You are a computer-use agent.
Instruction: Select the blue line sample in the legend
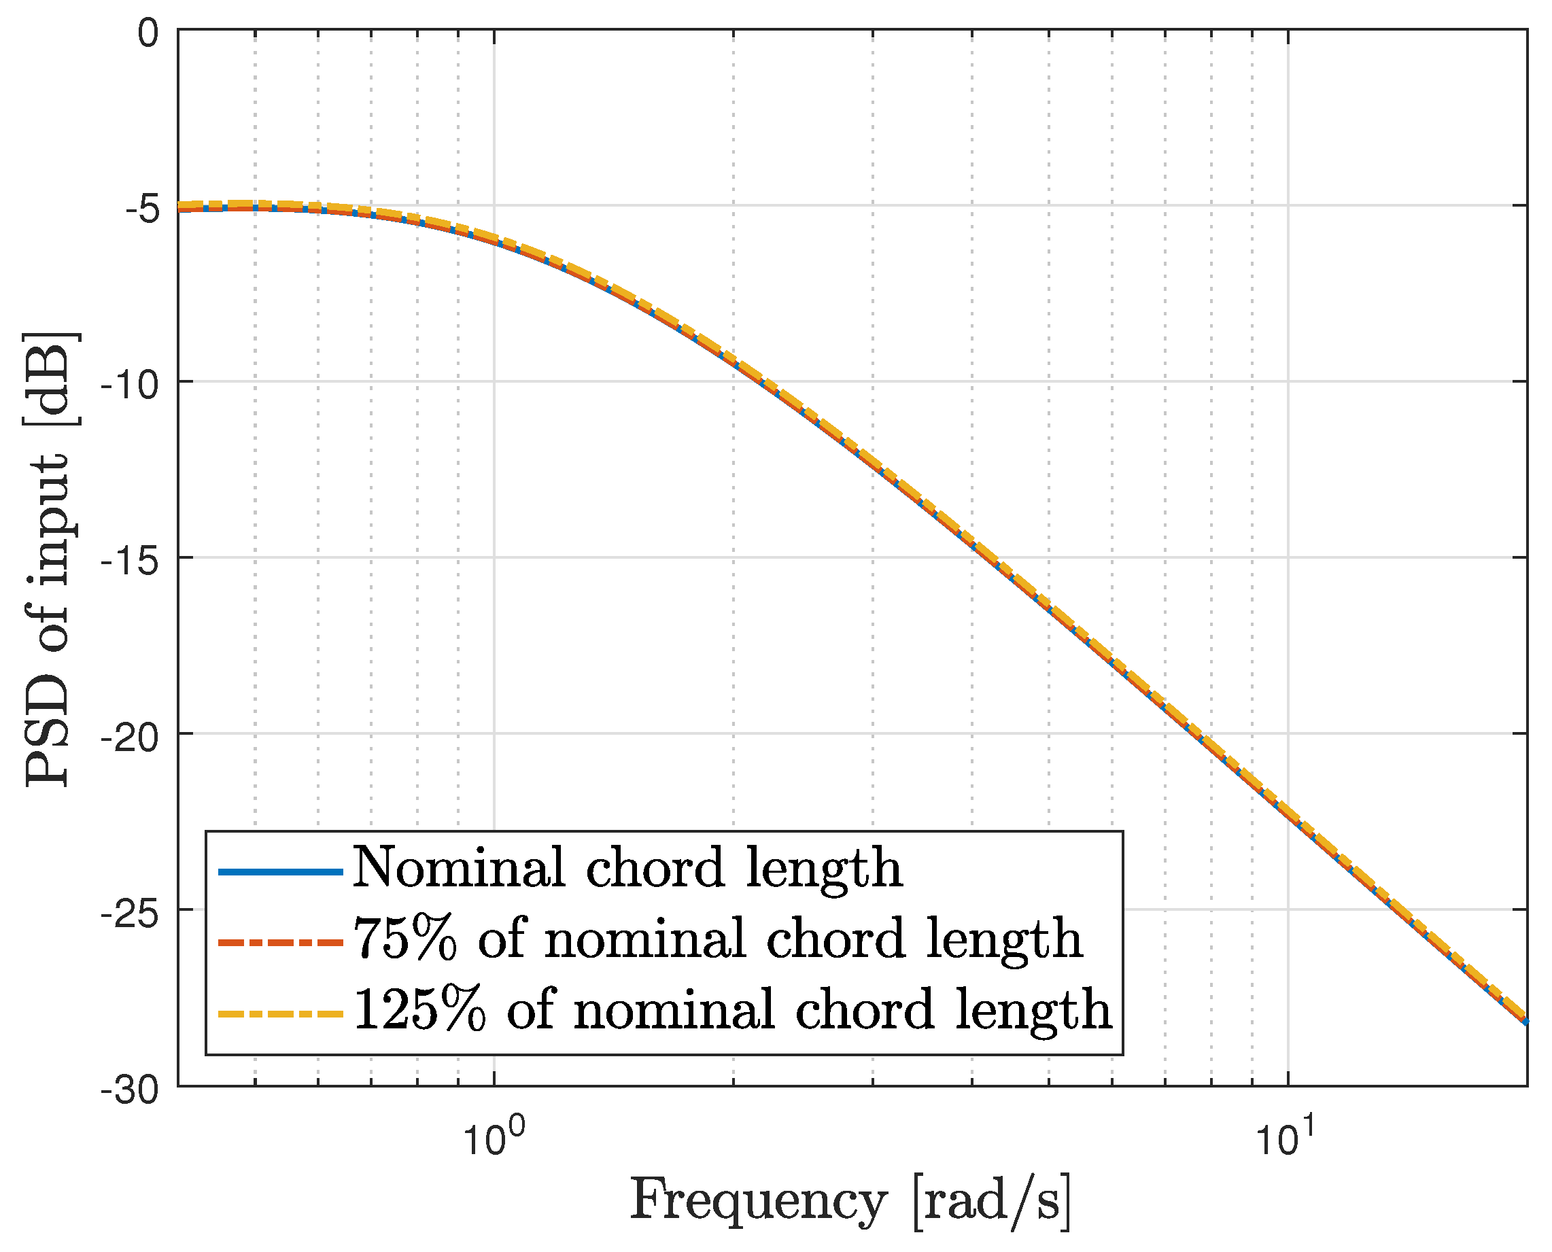tap(280, 872)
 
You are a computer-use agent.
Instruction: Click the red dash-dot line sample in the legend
tap(280, 943)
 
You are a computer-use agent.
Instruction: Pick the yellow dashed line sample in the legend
tap(280, 1014)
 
